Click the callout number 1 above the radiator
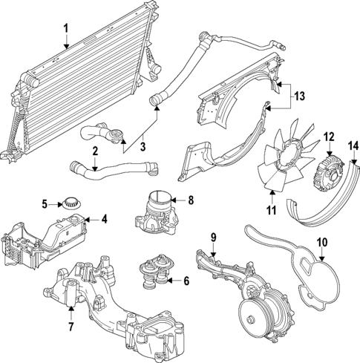(65, 29)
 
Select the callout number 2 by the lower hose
(95, 152)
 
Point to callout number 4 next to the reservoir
(105, 219)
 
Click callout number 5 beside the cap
(45, 203)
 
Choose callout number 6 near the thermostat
(186, 281)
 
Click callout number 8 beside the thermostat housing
(191, 200)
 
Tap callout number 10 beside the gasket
(322, 241)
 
